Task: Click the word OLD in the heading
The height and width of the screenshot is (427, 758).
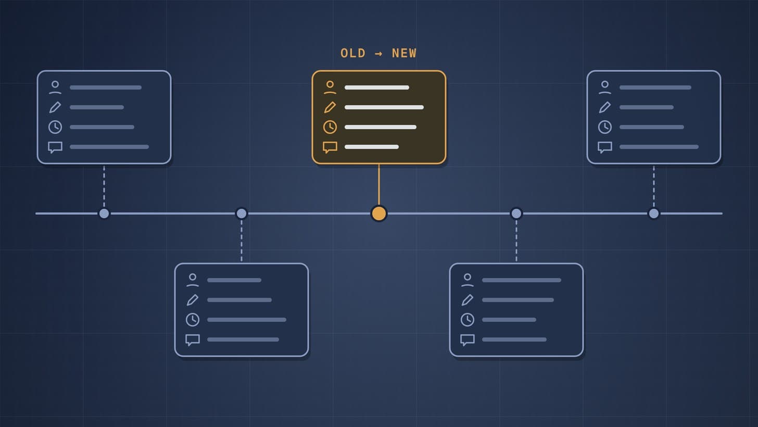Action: point(353,53)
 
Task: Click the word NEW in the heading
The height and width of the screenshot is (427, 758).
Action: point(404,53)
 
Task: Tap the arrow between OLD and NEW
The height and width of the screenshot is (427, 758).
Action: point(378,54)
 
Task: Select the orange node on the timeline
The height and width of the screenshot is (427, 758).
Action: point(378,213)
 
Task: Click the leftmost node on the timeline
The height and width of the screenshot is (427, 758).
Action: point(104,213)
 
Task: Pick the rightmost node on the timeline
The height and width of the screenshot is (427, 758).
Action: point(654,213)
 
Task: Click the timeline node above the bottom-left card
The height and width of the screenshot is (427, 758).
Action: point(241,213)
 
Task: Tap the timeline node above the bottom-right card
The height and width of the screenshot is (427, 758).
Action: point(516,213)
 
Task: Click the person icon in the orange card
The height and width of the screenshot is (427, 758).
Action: point(330,87)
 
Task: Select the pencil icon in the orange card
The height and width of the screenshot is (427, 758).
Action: point(330,107)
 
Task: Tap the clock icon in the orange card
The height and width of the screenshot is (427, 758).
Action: point(330,127)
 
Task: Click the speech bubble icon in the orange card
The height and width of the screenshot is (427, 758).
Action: point(330,147)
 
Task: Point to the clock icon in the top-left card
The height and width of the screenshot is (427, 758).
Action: point(55,127)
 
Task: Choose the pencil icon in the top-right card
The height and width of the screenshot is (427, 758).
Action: point(605,107)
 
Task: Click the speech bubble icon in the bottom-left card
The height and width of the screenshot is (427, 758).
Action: point(193,340)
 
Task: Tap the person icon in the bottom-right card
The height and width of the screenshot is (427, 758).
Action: point(468,280)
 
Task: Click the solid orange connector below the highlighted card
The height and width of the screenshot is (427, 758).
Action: point(378,185)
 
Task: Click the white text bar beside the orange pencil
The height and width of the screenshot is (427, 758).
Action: point(384,107)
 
